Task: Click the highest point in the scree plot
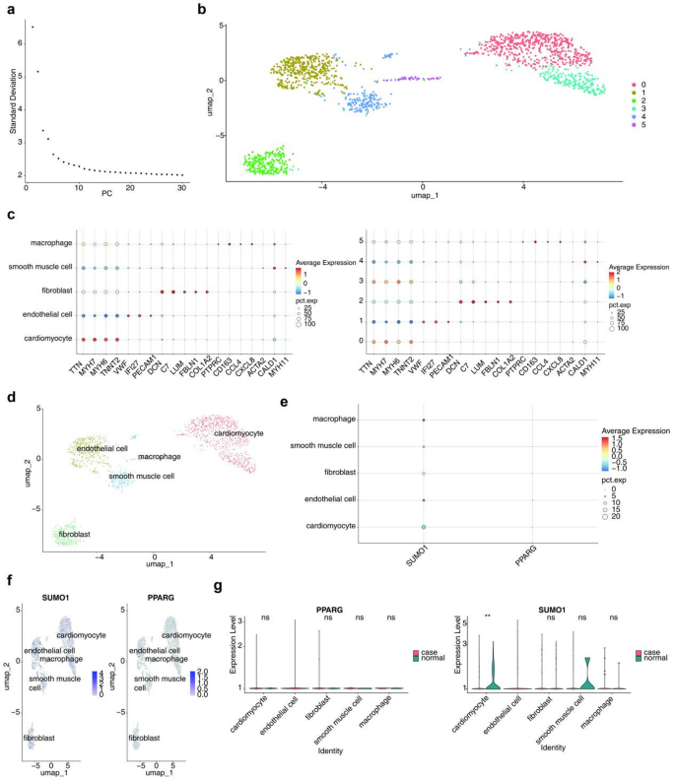pos(32,27)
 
